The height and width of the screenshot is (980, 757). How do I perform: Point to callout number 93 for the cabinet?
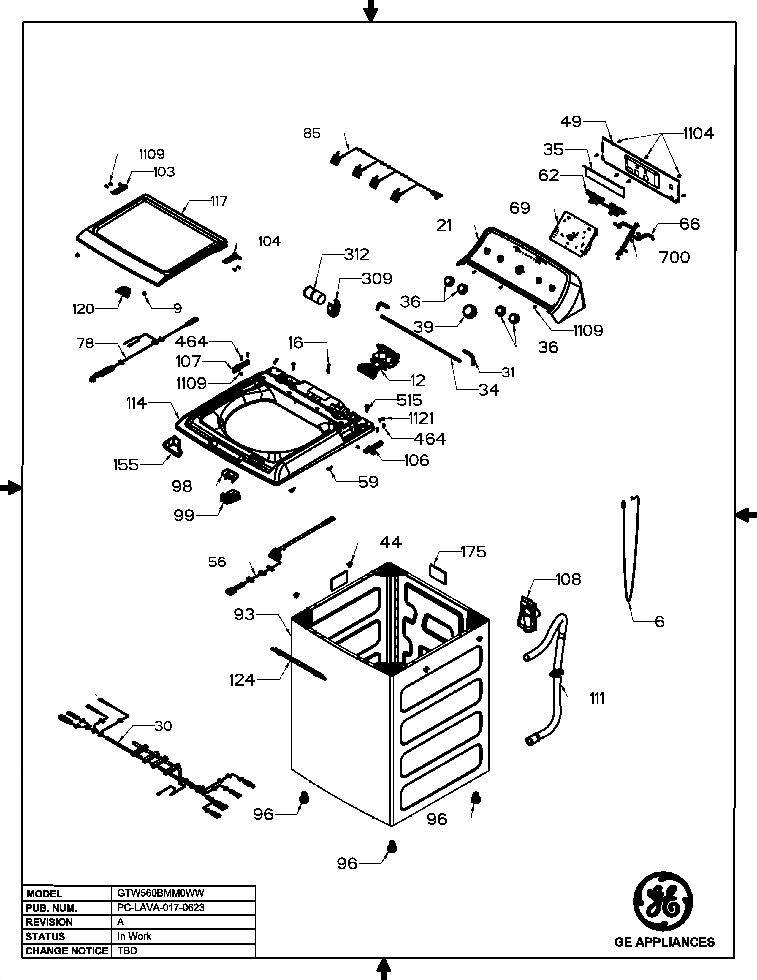[x=244, y=614]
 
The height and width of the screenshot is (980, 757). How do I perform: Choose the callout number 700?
[x=674, y=257]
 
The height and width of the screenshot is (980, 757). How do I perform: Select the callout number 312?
[x=357, y=255]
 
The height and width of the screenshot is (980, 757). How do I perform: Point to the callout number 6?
[x=659, y=622]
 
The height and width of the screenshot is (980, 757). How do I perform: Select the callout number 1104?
[x=698, y=133]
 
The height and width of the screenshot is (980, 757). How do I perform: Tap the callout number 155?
[x=126, y=464]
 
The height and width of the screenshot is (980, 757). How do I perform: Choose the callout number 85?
[x=312, y=133]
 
